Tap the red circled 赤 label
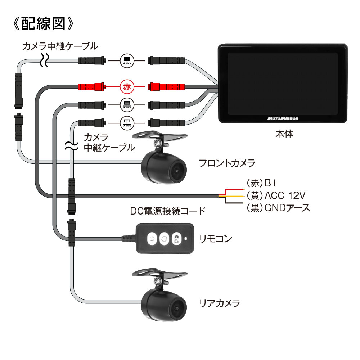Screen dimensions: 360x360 126,87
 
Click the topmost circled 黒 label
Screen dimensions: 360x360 127,60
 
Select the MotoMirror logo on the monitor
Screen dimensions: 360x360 283,118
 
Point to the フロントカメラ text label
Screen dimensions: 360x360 227,163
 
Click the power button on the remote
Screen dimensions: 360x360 152,238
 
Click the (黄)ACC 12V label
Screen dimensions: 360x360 276,195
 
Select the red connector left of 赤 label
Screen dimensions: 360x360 92,87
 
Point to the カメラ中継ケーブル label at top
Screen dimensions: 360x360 60,46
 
